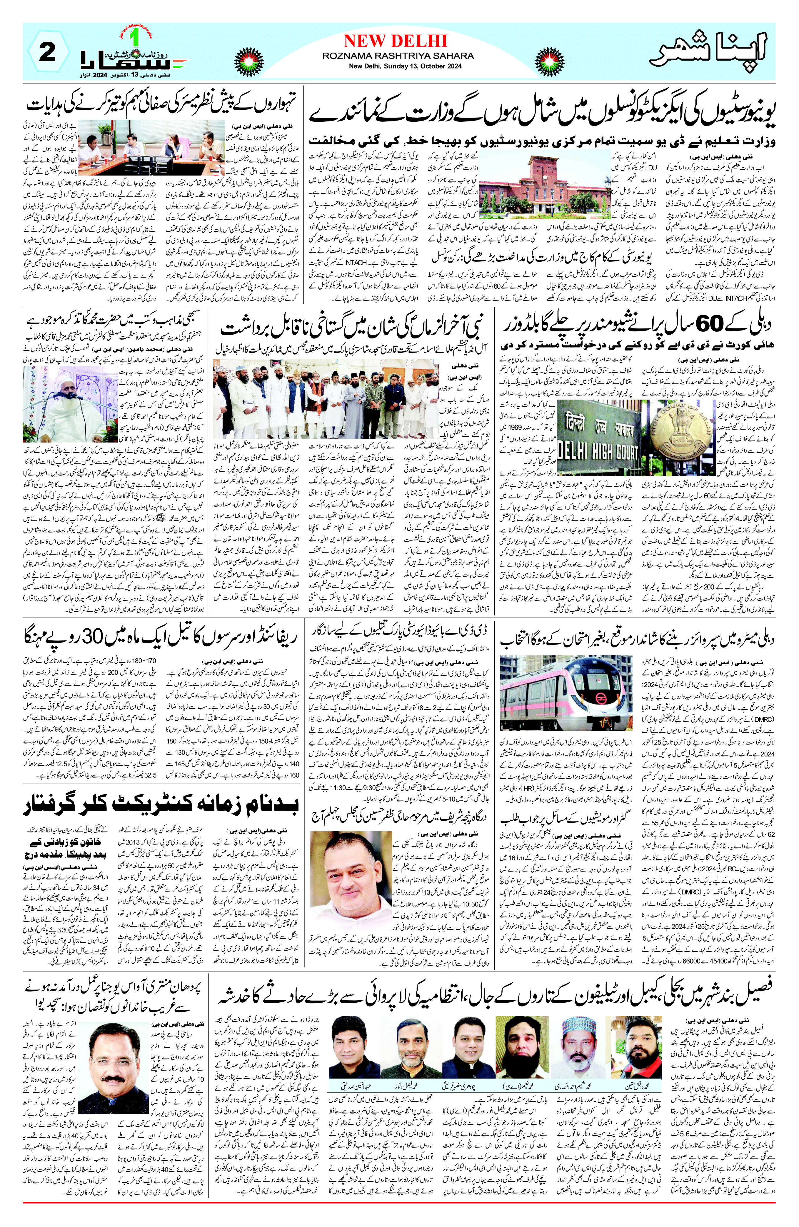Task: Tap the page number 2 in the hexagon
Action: point(47,53)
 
